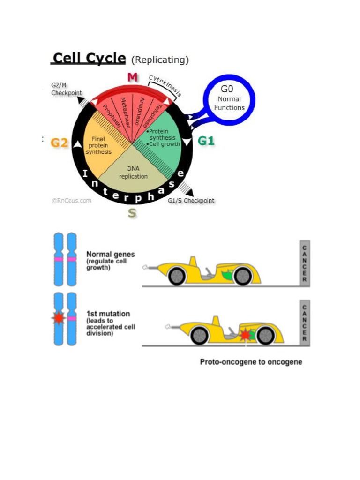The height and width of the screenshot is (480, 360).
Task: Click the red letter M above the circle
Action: coord(133,77)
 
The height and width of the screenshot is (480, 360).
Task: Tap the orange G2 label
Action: coord(60,142)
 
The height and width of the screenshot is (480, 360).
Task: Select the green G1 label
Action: coord(206,140)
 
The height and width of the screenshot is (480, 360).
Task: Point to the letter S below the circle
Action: coord(132,213)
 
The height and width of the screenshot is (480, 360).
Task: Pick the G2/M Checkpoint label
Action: coord(66,90)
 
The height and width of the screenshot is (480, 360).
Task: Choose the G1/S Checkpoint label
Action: coord(191,201)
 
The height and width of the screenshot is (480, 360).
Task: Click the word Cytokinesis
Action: coord(165,85)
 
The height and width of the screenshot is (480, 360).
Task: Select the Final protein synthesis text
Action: coord(98,145)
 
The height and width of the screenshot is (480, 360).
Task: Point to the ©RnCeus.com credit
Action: coord(71,200)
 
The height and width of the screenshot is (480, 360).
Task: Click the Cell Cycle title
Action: coord(89,59)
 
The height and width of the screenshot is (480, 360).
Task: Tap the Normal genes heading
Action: coord(110,255)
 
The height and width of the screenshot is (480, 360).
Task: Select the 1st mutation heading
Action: coord(108,314)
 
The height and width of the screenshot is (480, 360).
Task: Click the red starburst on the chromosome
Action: coord(59,318)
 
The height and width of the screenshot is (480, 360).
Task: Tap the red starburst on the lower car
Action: coord(245,334)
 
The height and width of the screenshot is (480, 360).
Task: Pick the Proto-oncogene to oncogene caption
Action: coord(251,362)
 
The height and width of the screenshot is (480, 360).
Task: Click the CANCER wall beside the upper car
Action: coord(304,263)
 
